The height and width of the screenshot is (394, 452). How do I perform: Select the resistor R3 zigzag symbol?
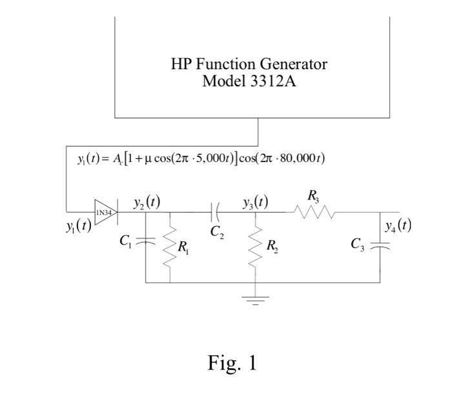pos(314,212)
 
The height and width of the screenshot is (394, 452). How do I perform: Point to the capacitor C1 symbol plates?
pos(146,241)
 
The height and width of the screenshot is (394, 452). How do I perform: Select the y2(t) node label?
pos(146,202)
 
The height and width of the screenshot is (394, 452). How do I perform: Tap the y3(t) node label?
pos(256,202)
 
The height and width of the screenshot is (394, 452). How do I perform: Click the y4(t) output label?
pos(398,225)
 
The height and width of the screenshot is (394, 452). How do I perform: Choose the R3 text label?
pos(313,195)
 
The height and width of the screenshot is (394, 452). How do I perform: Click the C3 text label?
pos(357,244)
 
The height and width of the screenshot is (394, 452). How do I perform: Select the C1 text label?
pos(125,241)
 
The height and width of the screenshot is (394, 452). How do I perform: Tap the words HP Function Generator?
pos(249,64)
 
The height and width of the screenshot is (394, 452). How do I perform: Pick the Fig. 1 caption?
pos(232,363)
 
